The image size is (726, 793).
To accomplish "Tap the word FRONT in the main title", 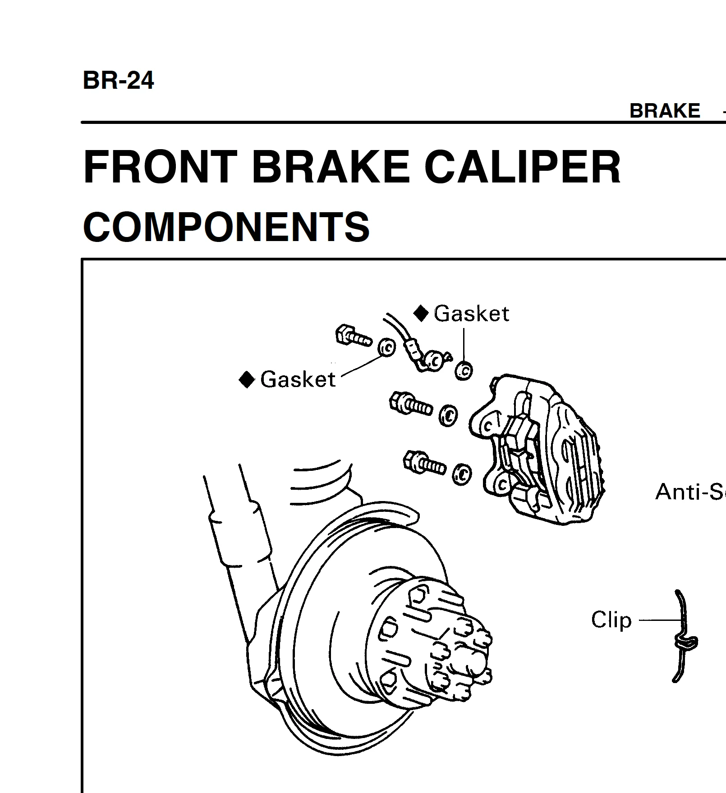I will pyautogui.click(x=160, y=167).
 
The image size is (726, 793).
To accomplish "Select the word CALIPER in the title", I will pyautogui.click(x=523, y=167).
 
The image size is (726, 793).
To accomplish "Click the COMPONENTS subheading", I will pyautogui.click(x=226, y=226).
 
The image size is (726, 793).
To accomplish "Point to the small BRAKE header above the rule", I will pyautogui.click(x=664, y=111).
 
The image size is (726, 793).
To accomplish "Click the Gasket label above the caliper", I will pyautogui.click(x=471, y=314).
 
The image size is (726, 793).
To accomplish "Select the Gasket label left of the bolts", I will pyautogui.click(x=298, y=379).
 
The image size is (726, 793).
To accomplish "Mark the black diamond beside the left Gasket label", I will pyautogui.click(x=247, y=379).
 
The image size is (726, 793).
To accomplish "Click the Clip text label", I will pyautogui.click(x=611, y=620).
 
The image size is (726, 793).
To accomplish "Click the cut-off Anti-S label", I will pyautogui.click(x=690, y=492).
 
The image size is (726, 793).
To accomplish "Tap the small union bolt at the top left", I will pyautogui.click(x=353, y=336).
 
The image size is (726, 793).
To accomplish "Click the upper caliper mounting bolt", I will pyautogui.click(x=410, y=404).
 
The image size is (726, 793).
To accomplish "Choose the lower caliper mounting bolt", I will pyautogui.click(x=424, y=464).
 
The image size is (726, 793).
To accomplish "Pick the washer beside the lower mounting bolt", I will pyautogui.click(x=462, y=473).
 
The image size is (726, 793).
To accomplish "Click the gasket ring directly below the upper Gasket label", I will pyautogui.click(x=464, y=370).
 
